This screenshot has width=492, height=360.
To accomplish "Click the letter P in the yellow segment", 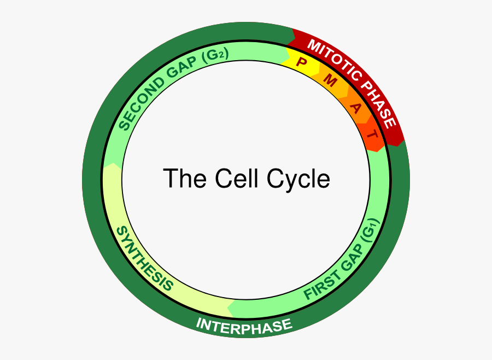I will (300, 61).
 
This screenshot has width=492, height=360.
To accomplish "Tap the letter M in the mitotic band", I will (330, 81).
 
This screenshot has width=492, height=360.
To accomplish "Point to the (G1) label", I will (370, 233).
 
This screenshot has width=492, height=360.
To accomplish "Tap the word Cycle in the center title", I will (298, 179).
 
